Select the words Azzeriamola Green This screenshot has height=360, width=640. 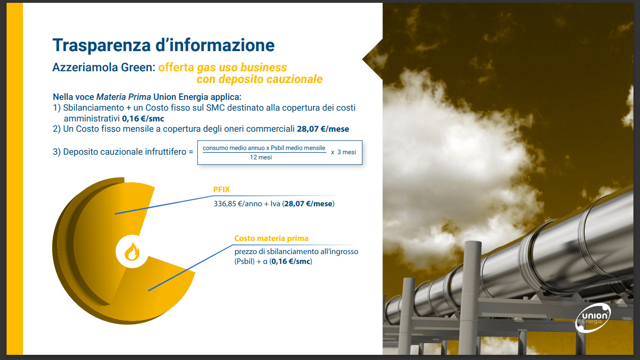tap(104, 67)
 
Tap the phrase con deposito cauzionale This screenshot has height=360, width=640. tap(260, 79)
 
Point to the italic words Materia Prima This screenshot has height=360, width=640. tap(123, 97)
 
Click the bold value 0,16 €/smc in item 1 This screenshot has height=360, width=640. tap(143, 119)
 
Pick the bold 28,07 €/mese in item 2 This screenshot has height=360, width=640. tap(323, 129)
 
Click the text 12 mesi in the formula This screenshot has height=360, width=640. tap(261, 157)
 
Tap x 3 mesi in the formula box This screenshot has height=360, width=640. tap(343, 152)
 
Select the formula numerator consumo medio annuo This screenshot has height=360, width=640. tap(234, 148)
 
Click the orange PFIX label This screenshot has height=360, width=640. tap(222, 189)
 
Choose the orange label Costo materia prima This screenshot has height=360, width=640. tap(271, 238)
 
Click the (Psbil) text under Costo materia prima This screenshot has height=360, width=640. tap(244, 262)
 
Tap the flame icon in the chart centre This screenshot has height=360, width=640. tap(132, 252)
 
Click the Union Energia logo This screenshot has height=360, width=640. tap(593, 318)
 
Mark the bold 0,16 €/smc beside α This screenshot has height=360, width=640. tap(291, 262)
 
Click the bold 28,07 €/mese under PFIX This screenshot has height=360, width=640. tap(308, 203)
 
